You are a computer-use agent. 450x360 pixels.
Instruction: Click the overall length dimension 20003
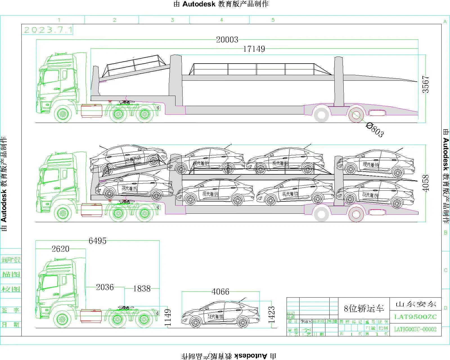click(x=227, y=40)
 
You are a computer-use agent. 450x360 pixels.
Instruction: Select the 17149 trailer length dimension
click(x=254, y=49)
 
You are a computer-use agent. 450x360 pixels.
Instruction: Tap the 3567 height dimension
click(x=426, y=84)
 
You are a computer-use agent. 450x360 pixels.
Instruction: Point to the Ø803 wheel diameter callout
click(x=375, y=130)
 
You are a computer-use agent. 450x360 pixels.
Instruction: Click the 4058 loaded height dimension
click(x=426, y=183)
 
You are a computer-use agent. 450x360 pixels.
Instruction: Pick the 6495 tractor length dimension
click(x=97, y=241)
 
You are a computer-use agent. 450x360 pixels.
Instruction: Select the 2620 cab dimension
click(x=60, y=249)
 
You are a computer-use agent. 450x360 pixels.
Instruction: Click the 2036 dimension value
click(x=105, y=287)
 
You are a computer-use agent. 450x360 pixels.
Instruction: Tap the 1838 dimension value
click(x=142, y=288)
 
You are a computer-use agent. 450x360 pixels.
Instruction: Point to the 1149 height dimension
click(x=168, y=318)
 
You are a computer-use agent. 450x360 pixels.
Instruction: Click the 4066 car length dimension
click(x=220, y=292)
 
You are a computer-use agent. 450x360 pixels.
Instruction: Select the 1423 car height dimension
click(x=271, y=315)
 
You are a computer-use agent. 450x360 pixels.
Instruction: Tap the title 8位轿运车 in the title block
click(x=364, y=309)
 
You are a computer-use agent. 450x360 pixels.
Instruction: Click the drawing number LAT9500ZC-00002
click(x=415, y=329)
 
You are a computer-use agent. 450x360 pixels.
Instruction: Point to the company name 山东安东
click(x=416, y=304)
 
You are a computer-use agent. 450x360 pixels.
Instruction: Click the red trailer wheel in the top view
click(x=356, y=114)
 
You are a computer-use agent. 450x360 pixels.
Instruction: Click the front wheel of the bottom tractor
click(x=62, y=319)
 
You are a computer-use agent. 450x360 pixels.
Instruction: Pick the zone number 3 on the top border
click(x=172, y=20)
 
